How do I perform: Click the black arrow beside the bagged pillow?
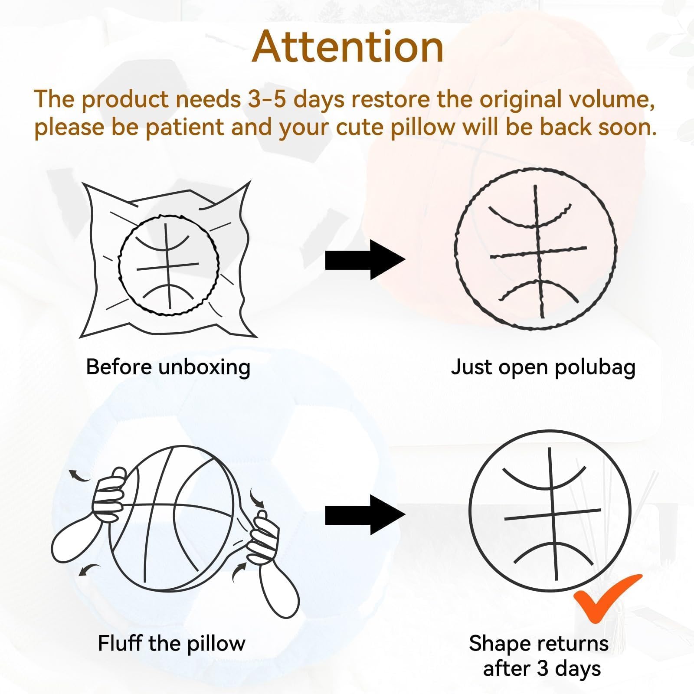tap(365, 259)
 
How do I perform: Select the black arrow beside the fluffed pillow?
tap(365, 515)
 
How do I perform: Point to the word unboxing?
tap(204, 368)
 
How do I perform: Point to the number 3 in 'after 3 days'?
tap(542, 668)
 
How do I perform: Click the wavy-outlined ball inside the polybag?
tap(168, 265)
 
